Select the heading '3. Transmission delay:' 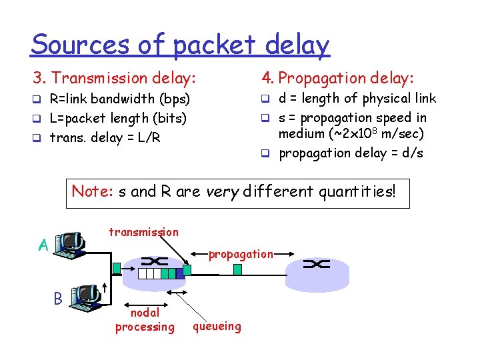click(115, 79)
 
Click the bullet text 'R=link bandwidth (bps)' click(120, 99)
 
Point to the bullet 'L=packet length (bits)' click(118, 119)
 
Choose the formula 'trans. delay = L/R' click(105, 138)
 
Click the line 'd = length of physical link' click(357, 99)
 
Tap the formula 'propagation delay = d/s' click(350, 153)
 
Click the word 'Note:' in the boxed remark click(93, 192)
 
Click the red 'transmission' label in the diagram click(143, 232)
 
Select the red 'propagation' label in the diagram click(241, 254)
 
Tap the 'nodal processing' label click(145, 319)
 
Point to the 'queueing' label click(217, 326)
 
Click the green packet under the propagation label click(238, 269)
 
